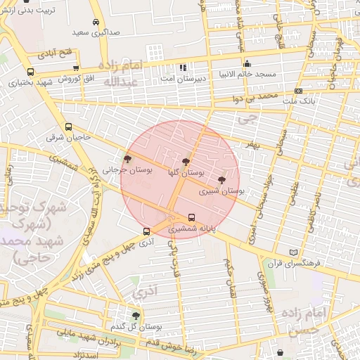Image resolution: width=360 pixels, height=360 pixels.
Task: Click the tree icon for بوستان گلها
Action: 186,161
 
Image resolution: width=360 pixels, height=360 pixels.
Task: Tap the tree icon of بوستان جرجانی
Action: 127,160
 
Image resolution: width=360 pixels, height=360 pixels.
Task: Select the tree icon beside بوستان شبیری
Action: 222,180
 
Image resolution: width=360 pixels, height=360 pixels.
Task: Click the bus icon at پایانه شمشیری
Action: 191,217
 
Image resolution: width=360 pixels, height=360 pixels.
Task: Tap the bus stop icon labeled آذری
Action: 146,231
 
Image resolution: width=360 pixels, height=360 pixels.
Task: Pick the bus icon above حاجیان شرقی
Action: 68,127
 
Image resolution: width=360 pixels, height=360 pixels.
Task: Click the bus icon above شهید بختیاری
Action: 30,72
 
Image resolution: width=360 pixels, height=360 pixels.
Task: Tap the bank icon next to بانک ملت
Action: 298,91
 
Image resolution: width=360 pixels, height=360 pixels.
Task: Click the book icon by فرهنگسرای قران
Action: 294,252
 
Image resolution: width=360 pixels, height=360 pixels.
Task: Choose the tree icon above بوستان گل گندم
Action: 136,316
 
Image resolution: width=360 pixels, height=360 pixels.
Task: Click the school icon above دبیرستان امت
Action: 183,68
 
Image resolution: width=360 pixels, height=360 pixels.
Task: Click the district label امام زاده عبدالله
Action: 124,73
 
